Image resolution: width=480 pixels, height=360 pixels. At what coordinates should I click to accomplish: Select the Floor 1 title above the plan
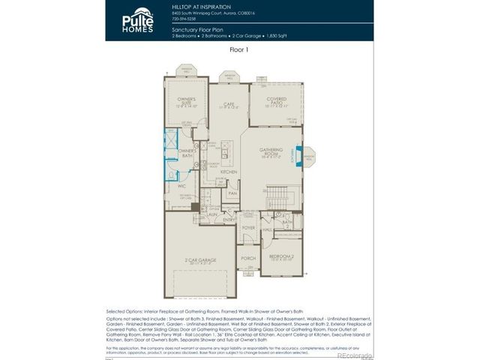click(x=239, y=49)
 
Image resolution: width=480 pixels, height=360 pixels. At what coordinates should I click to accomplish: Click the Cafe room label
click(x=229, y=106)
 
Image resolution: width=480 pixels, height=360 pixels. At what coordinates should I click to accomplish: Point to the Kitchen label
click(x=229, y=172)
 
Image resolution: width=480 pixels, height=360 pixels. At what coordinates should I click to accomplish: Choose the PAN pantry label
click(x=232, y=193)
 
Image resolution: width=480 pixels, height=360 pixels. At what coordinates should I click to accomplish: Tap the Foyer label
click(x=249, y=227)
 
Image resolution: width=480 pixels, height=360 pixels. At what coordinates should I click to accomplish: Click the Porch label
click(x=248, y=258)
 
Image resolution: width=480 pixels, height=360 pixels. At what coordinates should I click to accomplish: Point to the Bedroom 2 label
click(x=282, y=257)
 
